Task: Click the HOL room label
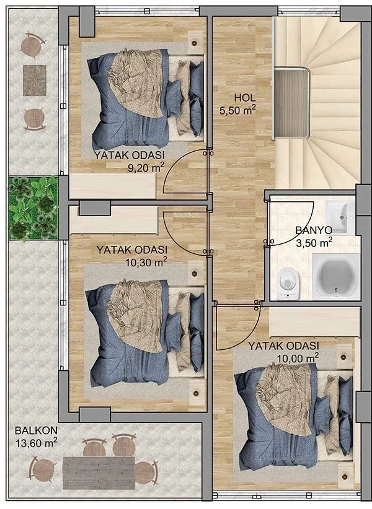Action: pyautogui.click(x=245, y=97)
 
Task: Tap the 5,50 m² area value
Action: pyautogui.click(x=237, y=110)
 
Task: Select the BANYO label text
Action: pyautogui.click(x=314, y=230)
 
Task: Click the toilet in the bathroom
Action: pyautogui.click(x=288, y=283)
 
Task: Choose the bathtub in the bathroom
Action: pyautogui.click(x=336, y=276)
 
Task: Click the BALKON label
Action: pyautogui.click(x=36, y=430)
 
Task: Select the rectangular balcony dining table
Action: pyautogui.click(x=99, y=472)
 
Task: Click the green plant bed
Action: pyautogui.click(x=33, y=208)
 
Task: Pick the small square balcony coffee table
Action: pyautogui.click(x=35, y=80)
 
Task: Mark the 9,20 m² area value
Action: pyautogui.click(x=146, y=168)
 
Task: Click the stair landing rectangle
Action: pyautogui.click(x=291, y=103)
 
